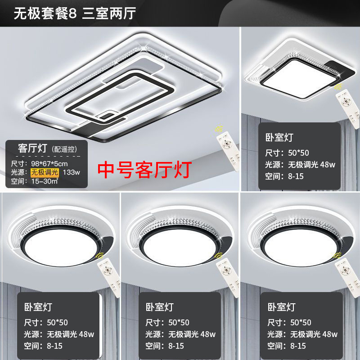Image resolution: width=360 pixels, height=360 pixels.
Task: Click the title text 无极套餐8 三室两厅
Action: point(75,13)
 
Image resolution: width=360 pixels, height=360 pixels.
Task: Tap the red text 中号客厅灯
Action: point(144,170)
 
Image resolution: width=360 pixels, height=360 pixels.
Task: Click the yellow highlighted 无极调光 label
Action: point(45,172)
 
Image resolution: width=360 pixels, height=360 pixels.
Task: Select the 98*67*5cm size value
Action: point(49,164)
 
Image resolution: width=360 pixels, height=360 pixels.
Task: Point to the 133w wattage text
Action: point(72,172)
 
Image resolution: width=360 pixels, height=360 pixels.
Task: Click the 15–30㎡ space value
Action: point(45,181)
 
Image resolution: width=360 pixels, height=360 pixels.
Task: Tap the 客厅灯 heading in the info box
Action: point(32,148)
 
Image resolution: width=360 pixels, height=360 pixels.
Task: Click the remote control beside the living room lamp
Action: point(228,151)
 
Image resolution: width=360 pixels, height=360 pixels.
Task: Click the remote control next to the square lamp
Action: point(348,108)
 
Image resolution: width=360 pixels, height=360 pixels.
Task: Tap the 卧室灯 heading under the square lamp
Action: point(279,137)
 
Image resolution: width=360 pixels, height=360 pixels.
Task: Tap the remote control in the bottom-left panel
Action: point(109,277)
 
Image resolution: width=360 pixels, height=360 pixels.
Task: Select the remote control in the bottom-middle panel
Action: point(228,277)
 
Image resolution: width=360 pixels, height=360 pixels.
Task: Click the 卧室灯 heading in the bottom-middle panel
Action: point(160,307)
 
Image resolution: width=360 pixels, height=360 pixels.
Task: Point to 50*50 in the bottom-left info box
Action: point(58,323)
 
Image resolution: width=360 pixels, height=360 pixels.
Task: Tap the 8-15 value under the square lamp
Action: point(296,176)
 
